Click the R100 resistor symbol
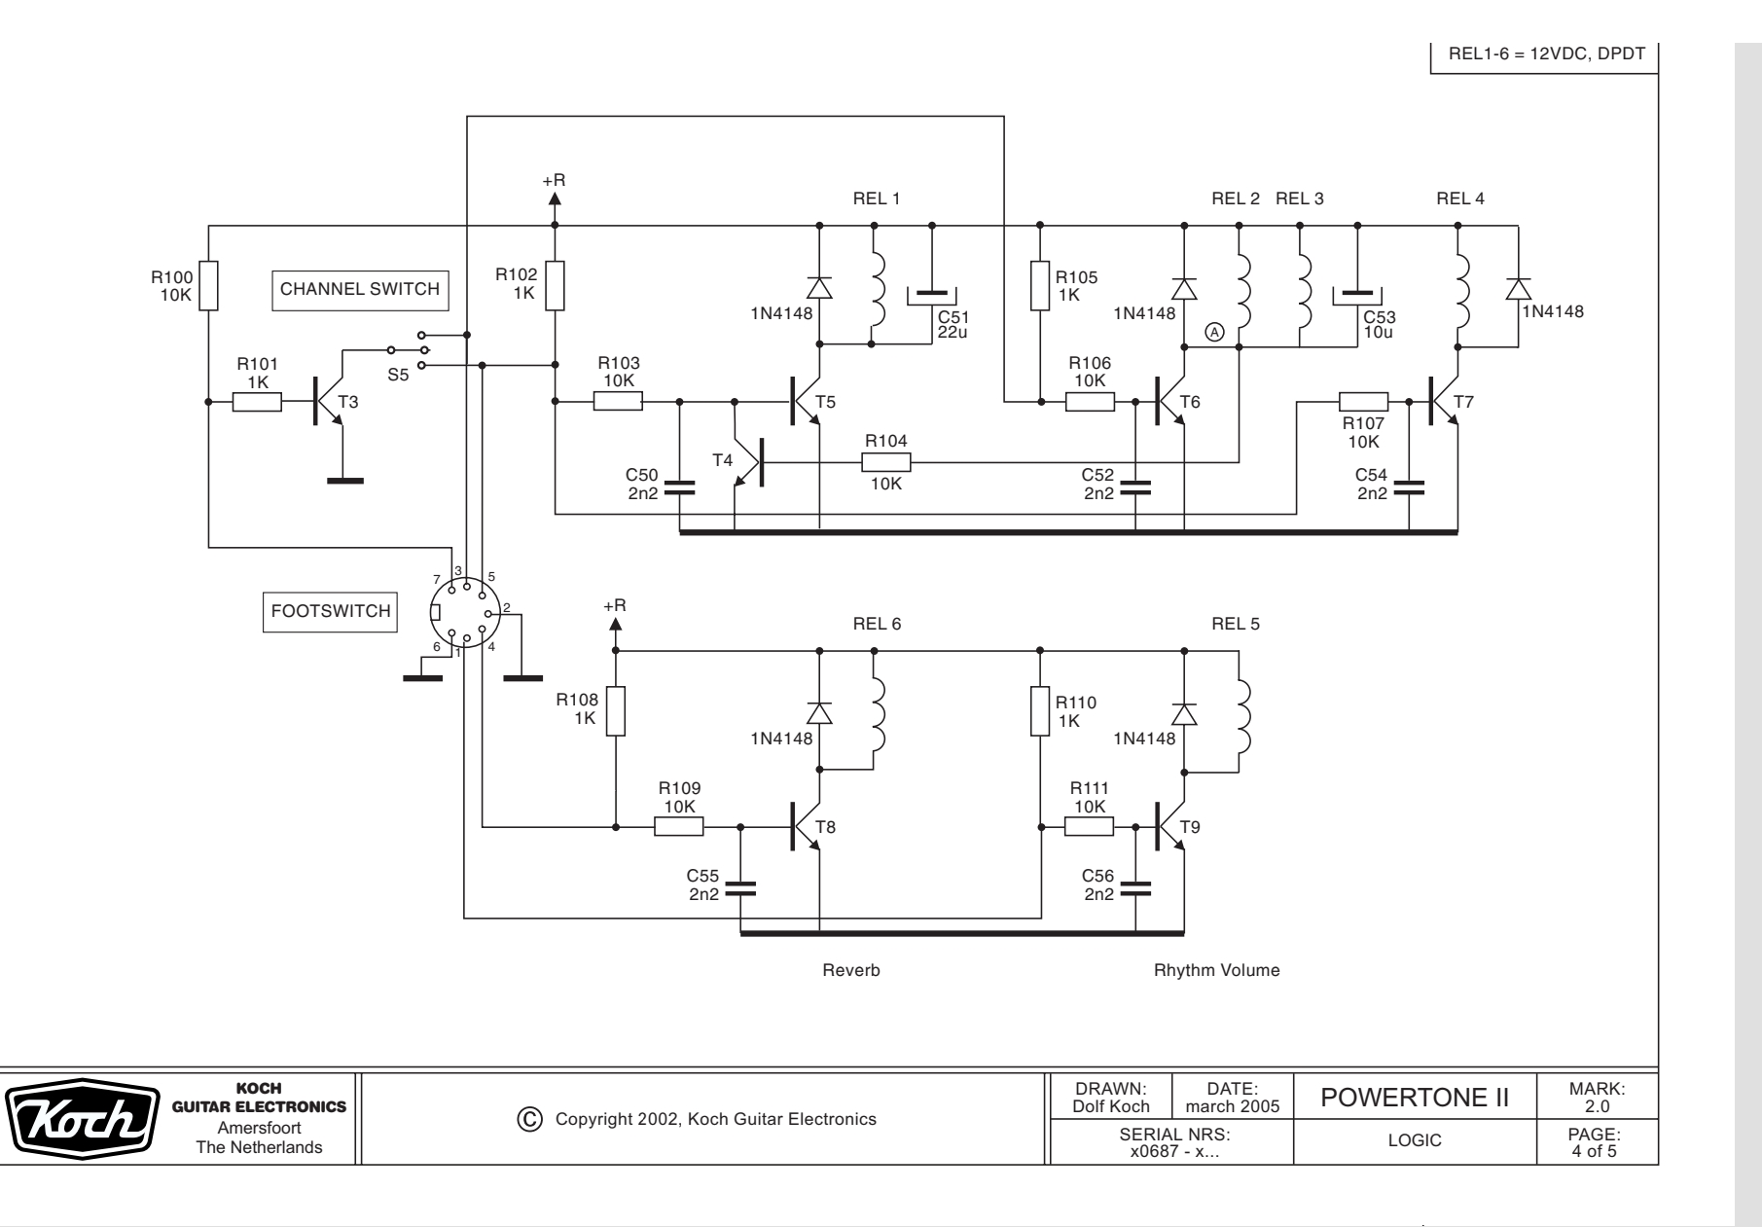[x=208, y=285]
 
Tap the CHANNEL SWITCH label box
[x=360, y=290]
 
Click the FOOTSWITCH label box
[x=331, y=612]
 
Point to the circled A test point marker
[x=1214, y=332]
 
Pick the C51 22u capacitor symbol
[x=932, y=294]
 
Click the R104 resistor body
[x=885, y=462]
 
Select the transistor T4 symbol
[x=749, y=461]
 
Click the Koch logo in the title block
[x=83, y=1119]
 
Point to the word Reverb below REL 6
[x=851, y=970]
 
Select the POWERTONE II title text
[x=1414, y=1100]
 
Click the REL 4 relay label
[x=1459, y=199]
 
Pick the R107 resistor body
[x=1363, y=401]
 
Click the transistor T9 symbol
[x=1172, y=827]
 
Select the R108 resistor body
[x=616, y=711]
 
